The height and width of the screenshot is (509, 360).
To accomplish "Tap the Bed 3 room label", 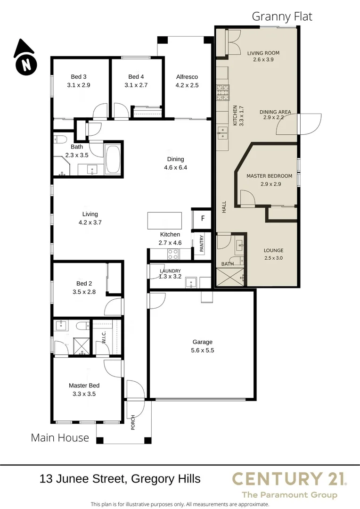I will click(79, 77).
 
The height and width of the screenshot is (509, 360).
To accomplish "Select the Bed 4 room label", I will click(136, 77).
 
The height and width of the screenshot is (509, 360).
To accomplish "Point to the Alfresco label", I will click(187, 77).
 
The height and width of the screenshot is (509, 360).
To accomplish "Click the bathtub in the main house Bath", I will click(113, 160).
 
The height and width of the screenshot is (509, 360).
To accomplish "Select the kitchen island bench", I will click(164, 221).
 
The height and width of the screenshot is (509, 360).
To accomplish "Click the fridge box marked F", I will click(203, 219).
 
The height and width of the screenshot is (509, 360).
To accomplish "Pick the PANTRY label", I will click(202, 244).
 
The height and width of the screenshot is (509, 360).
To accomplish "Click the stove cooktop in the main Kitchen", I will click(173, 254).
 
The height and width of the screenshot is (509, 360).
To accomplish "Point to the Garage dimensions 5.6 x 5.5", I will click(203, 350).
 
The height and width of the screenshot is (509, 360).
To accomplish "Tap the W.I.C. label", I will click(104, 337).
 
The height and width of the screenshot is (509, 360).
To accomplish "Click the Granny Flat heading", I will click(282, 16).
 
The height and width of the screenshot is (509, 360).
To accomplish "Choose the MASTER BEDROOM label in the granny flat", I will click(270, 176).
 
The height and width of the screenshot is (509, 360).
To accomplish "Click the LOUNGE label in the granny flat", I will click(273, 250).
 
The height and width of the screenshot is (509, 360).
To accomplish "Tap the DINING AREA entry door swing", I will click(310, 123).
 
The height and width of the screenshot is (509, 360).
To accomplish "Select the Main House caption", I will click(60, 437).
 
